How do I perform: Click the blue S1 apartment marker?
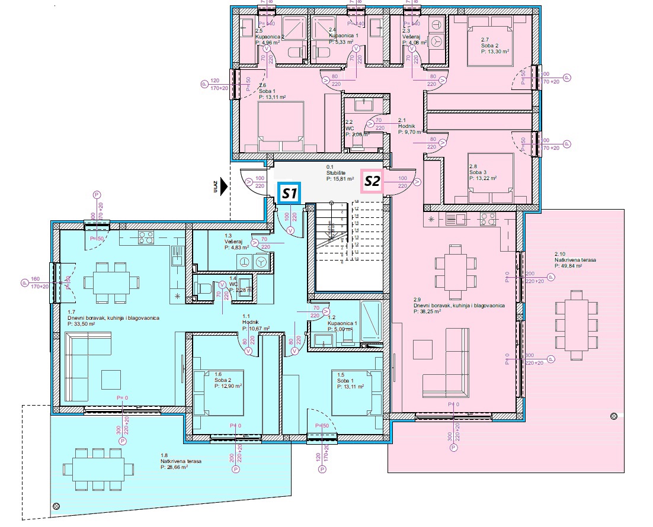click(290, 193)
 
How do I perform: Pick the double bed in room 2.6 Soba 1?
click(281, 127)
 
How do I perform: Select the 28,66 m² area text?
click(174, 467)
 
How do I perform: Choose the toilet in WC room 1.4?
click(204, 290)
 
